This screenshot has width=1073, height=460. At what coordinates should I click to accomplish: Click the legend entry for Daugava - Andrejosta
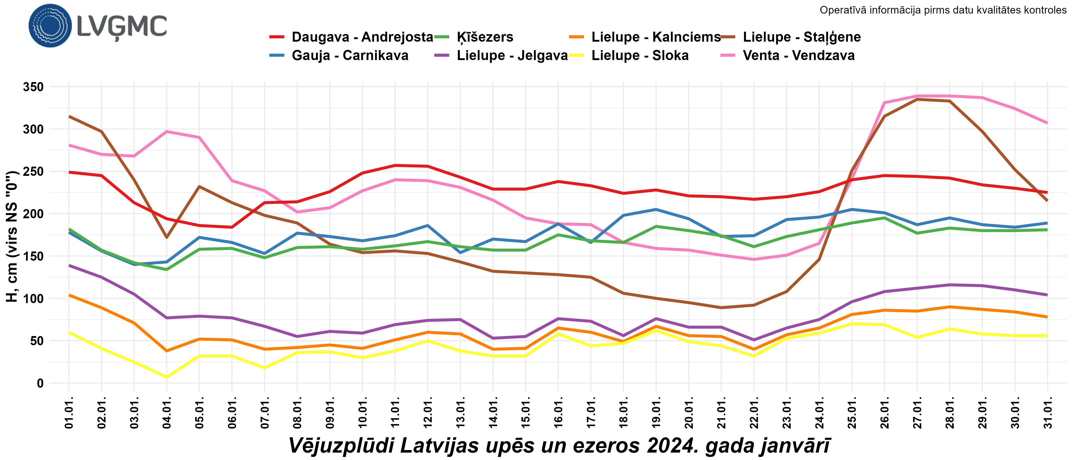tap(362, 37)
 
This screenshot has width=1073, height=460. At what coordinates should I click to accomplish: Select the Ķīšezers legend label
tap(485, 37)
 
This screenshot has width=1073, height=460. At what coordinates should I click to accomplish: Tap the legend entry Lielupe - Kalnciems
tap(656, 37)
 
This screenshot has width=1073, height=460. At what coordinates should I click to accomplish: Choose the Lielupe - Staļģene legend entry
tap(801, 37)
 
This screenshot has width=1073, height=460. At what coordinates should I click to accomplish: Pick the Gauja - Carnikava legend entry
tap(350, 55)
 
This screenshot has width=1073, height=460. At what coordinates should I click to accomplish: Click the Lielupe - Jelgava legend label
tap(512, 55)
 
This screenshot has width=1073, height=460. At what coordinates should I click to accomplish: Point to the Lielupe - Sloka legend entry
tap(640, 55)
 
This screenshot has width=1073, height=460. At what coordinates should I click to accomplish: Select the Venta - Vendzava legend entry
tap(799, 55)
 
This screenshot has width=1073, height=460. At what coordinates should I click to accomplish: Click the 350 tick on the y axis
tap(33, 87)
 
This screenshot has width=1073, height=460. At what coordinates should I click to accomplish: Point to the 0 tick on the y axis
tap(40, 383)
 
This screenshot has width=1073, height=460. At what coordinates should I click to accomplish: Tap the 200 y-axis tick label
tap(33, 214)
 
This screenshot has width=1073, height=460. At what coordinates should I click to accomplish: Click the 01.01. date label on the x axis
tap(69, 412)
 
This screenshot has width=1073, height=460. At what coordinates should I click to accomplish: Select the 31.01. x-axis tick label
tap(1048, 412)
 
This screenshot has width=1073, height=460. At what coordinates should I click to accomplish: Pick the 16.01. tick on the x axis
tap(558, 412)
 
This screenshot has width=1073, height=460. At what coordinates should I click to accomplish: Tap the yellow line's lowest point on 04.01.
tap(167, 377)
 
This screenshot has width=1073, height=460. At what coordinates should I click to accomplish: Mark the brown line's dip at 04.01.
tap(167, 237)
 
